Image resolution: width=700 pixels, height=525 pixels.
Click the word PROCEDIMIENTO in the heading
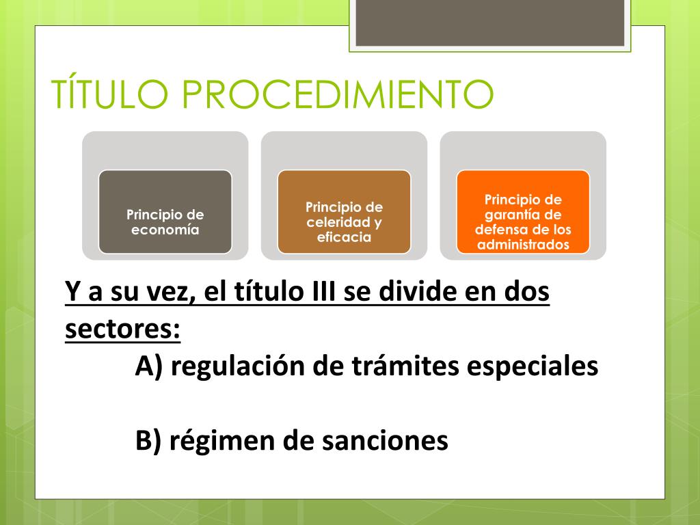338,94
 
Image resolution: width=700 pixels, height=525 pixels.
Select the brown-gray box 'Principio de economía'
165,212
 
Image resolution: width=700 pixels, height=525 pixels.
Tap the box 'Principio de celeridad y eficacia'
345,212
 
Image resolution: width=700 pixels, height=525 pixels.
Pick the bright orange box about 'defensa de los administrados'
523,212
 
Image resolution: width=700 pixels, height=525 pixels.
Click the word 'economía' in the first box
165,230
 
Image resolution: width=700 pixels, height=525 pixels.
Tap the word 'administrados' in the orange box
523,245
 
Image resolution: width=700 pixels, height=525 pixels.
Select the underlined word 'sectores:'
123,329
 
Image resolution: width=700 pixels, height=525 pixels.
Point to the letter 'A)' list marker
148,366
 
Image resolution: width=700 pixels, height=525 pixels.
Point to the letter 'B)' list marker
148,441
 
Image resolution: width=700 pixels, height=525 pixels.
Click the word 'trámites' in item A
405,366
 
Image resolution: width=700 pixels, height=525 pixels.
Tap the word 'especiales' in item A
533,367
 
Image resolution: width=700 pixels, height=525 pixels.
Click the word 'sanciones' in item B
385,441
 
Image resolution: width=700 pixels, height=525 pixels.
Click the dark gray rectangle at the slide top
489,23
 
